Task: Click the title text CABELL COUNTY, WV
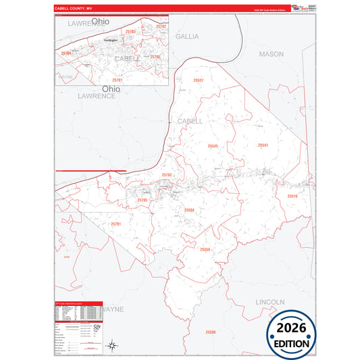coord(73,9)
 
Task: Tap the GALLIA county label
coord(187,36)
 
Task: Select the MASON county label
coord(272,53)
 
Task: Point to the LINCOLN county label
coord(271,301)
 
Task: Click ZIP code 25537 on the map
coord(198,80)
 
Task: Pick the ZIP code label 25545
coord(213,146)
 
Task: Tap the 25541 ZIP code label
coord(263,145)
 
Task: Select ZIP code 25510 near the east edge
coord(292,196)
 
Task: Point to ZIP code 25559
coord(205,249)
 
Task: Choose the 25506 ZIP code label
coord(211,332)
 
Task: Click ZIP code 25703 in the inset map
coord(131,32)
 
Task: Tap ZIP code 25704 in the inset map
coord(66,52)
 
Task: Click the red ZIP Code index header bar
coord(78,305)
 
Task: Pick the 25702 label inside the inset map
coord(161,26)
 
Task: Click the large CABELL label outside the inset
coord(190,120)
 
